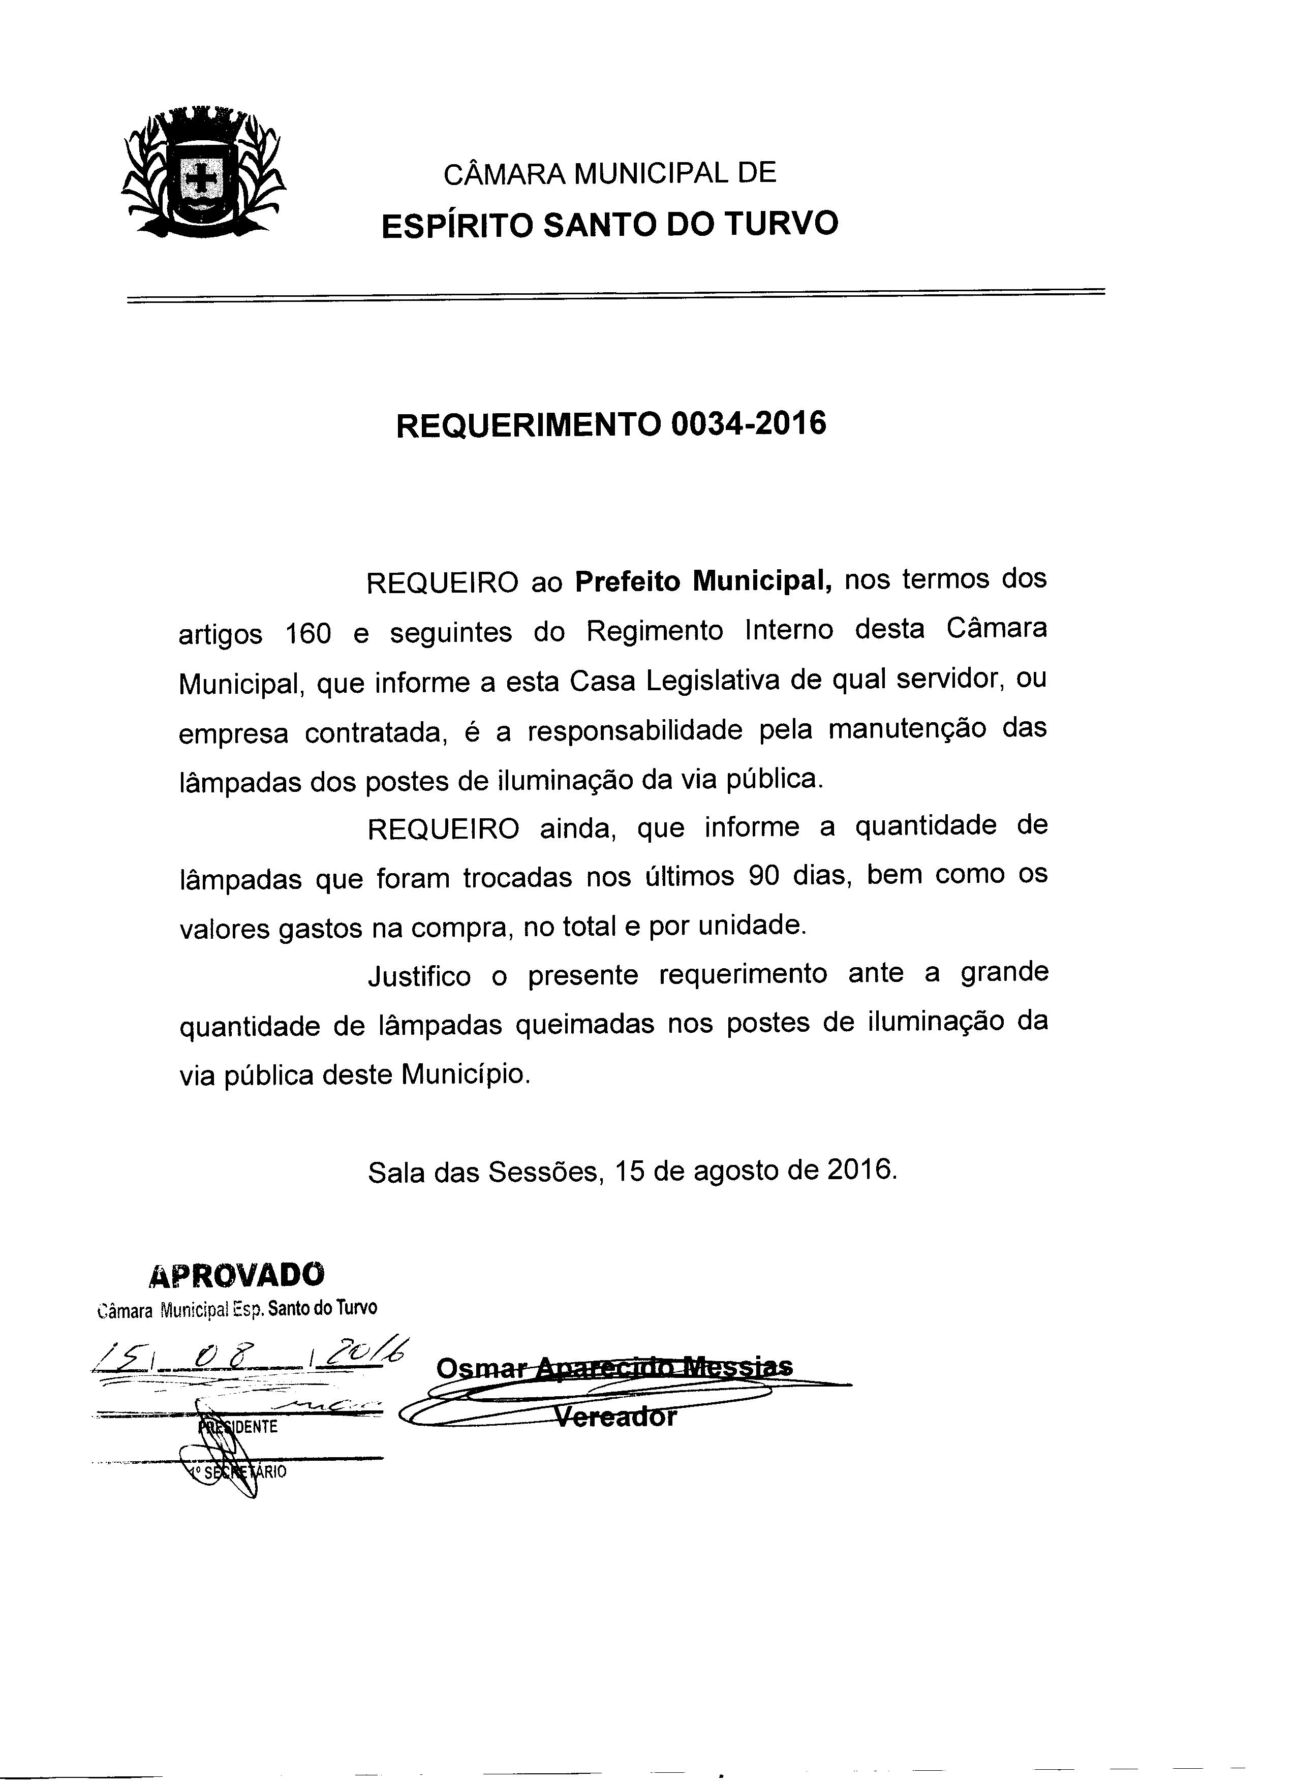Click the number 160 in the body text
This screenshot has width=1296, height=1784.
point(308,633)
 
